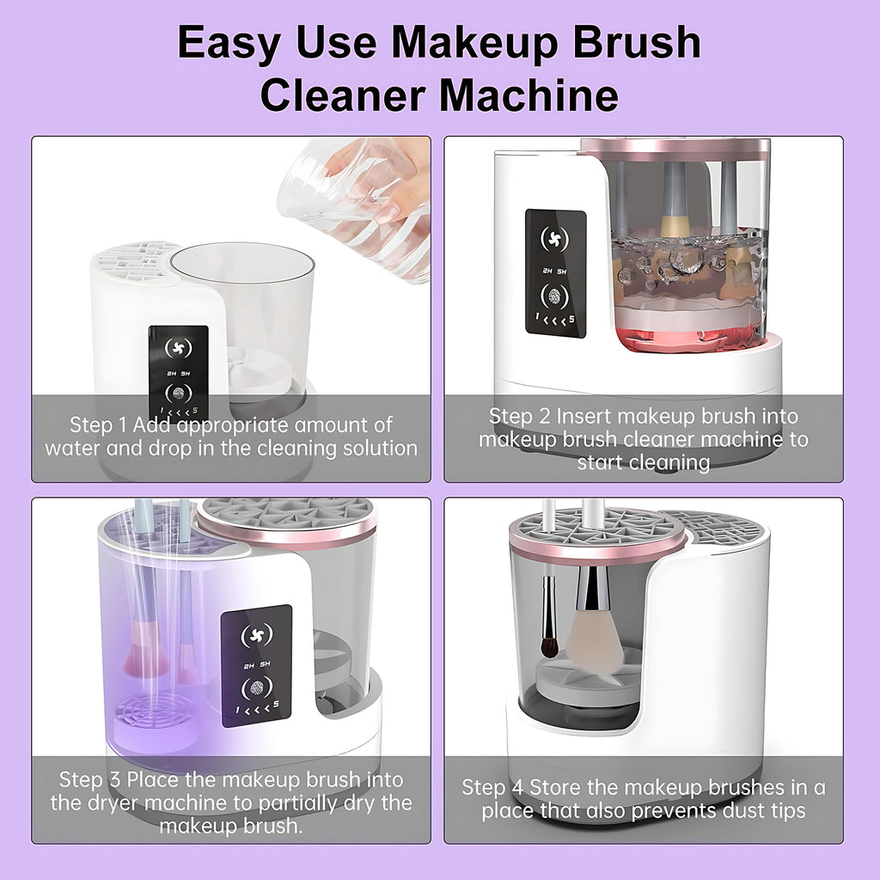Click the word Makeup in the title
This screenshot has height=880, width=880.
474,43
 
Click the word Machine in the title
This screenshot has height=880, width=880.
529,95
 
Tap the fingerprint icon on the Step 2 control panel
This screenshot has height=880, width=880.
554,296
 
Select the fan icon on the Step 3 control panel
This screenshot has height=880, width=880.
256,635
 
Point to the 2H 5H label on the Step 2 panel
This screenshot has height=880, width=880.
554,271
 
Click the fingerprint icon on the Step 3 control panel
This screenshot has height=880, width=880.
256,688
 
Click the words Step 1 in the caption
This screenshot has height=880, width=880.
98,425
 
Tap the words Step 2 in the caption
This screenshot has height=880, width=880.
519,417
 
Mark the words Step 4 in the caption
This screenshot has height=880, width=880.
492,787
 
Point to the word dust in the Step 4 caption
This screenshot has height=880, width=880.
721,811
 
